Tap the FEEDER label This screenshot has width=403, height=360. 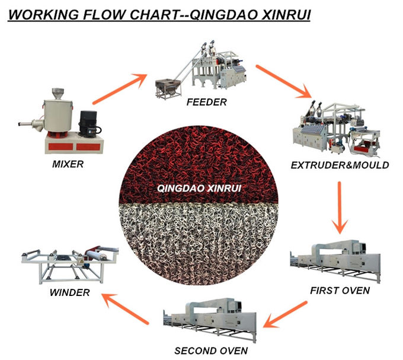tap(206, 102)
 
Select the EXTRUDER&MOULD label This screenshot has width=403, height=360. tap(340, 165)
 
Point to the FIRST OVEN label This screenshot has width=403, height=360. tap(340, 291)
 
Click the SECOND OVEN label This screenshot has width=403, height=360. tap(211, 351)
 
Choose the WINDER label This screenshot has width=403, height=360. tap(69, 292)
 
